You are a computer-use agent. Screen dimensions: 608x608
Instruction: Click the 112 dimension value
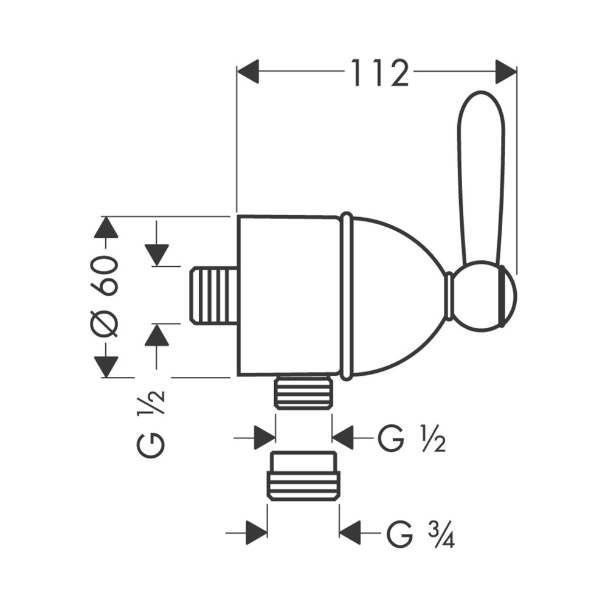pyautogui.click(x=379, y=74)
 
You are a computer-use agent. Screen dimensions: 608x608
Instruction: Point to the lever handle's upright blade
pyautogui.click(x=480, y=176)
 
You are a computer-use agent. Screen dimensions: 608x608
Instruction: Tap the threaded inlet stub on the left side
pyautogui.click(x=213, y=295)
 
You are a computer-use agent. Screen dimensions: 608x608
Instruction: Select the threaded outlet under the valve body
pyautogui.click(x=304, y=392)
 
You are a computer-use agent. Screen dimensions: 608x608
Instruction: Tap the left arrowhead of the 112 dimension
pyautogui.click(x=249, y=72)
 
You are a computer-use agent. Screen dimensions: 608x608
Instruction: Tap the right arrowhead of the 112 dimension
pyautogui.click(x=505, y=72)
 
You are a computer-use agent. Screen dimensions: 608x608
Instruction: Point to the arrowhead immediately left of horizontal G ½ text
pyautogui.click(x=344, y=437)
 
